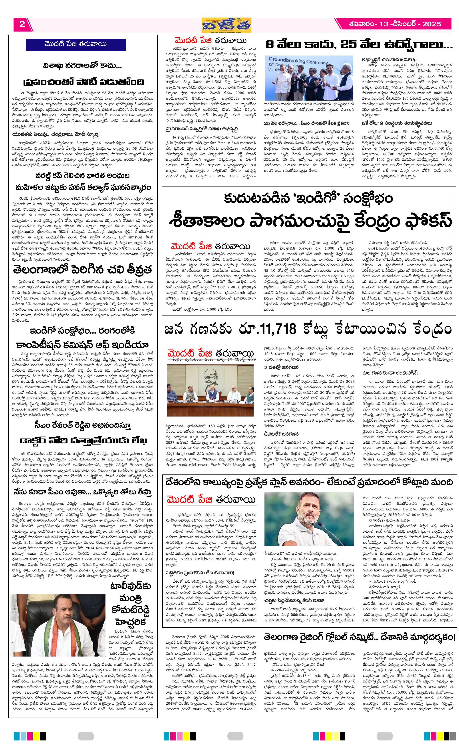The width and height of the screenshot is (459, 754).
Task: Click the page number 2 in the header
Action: tap(22, 24)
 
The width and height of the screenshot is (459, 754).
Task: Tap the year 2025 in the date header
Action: tap(431, 24)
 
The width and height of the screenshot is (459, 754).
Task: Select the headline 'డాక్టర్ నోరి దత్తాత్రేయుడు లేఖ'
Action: tap(83, 440)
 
